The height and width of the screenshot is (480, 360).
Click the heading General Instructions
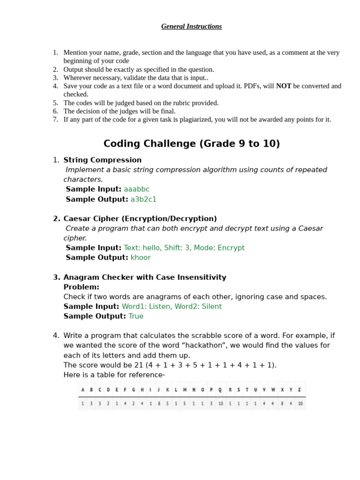click(x=191, y=26)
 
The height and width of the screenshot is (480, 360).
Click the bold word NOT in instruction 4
click(x=284, y=86)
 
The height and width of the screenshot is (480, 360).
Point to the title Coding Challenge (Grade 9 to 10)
click(x=191, y=144)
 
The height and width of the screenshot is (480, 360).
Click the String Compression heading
click(x=102, y=160)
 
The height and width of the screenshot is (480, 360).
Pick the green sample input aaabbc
click(x=136, y=189)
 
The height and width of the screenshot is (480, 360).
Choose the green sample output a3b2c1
click(x=143, y=199)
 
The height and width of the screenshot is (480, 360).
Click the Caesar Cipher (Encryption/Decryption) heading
click(x=140, y=218)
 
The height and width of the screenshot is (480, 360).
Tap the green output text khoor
click(x=141, y=257)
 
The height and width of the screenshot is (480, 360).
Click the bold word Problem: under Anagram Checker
click(x=81, y=287)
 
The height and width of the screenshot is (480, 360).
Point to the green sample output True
click(x=136, y=316)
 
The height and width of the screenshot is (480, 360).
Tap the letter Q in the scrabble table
click(x=220, y=390)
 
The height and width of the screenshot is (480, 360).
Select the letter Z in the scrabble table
click(x=300, y=390)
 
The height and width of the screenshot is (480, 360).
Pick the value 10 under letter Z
click(x=300, y=403)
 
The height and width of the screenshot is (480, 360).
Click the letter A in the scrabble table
click(x=83, y=390)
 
